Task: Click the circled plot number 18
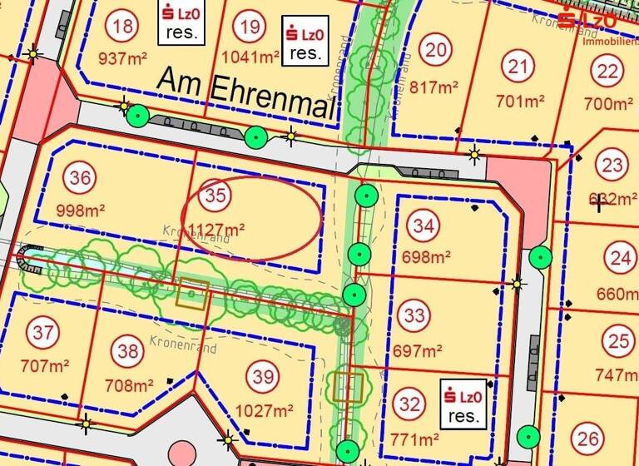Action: coord(122,27)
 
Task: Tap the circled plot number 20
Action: coord(435,50)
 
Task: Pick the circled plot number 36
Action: coord(81,178)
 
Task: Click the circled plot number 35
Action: coord(215,196)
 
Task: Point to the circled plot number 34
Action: coord(424,226)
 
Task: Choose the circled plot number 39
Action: coord(264,377)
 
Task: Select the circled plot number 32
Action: coord(409,405)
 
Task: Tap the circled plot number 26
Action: coord(588,439)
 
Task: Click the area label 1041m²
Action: coord(250,57)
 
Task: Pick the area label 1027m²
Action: coord(264,410)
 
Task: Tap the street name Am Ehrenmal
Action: coord(245,87)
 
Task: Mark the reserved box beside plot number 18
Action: coord(177,22)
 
